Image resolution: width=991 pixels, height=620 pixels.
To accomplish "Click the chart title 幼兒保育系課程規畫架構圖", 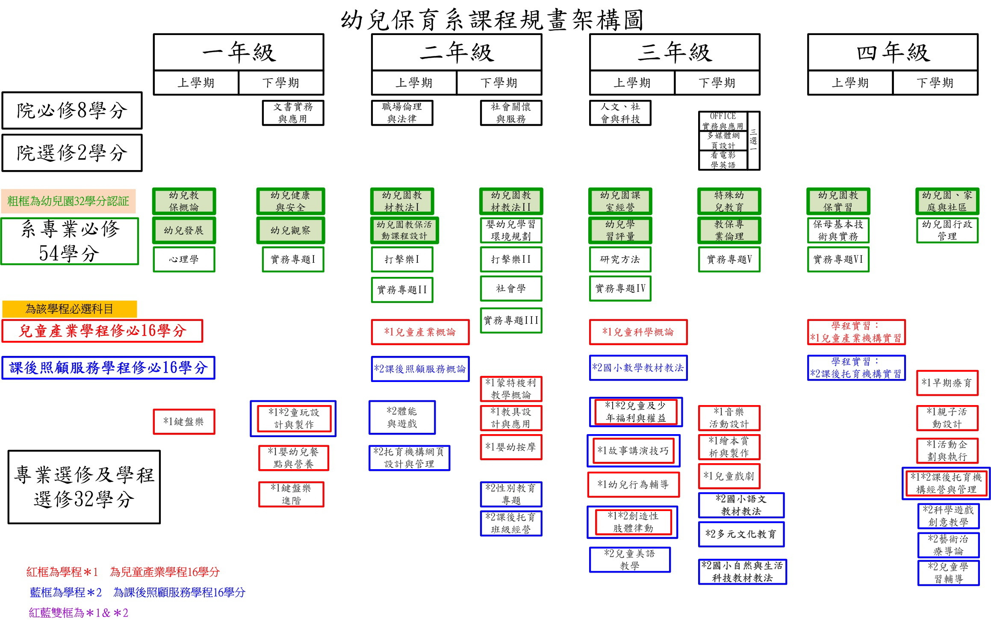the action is point(492,20).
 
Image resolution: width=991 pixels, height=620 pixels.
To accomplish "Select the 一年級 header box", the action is point(239,52).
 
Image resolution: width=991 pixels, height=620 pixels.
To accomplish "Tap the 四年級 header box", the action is point(893,52).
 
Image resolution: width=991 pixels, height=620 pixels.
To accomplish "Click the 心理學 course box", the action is point(184,259).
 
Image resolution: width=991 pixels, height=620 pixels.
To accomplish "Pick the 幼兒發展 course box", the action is point(184,230).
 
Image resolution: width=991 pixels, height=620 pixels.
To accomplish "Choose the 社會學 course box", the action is point(511,288).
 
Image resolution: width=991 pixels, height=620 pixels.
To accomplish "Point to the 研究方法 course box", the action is point(620,259).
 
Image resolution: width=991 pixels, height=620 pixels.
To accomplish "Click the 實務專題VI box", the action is point(838,259).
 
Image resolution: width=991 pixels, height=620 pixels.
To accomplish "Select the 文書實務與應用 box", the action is point(293,113).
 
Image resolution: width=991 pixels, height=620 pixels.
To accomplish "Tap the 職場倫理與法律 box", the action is point(402,113).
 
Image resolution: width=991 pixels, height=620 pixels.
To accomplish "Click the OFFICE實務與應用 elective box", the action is point(723,121).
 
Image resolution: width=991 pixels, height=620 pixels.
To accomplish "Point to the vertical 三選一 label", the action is point(753,140).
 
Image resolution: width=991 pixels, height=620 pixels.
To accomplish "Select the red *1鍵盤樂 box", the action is point(184,422).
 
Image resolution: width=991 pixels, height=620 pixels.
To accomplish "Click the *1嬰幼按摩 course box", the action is point(511,447).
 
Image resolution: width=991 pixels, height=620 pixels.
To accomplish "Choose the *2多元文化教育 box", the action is point(741,534).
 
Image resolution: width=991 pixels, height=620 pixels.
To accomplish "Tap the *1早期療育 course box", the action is point(947,383).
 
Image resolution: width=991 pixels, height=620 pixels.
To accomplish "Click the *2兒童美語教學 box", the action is point(630,560).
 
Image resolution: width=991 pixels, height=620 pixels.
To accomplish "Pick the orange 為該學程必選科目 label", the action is point(70,309).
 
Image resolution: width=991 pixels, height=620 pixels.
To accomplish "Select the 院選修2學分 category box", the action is point(72,153).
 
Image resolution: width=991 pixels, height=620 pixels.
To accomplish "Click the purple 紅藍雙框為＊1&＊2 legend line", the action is point(79,613).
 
